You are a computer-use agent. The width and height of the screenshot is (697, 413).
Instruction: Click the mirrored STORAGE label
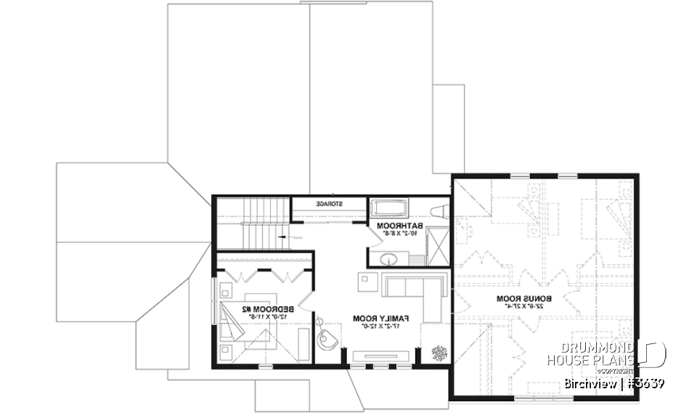coord(329,204)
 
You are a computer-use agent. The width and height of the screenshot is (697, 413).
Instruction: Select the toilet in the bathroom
coord(437,211)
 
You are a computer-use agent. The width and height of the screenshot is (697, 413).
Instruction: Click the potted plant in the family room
coord(439,353)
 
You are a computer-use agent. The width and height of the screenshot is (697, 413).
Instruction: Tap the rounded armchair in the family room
coord(328,338)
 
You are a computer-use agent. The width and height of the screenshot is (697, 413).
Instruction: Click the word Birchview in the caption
coord(589,383)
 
